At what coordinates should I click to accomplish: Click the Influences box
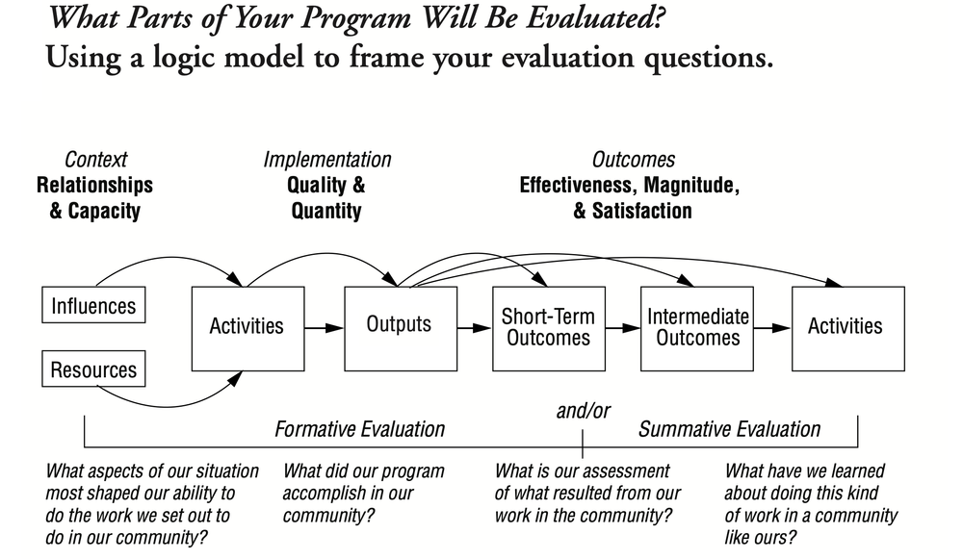[93, 307]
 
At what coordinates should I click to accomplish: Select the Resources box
[93, 369]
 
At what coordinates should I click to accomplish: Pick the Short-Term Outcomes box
[548, 327]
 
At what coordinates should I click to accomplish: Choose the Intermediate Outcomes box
[697, 327]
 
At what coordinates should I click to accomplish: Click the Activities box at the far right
[846, 327]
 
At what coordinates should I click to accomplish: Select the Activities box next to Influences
[247, 327]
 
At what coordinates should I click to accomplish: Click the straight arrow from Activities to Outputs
[324, 327]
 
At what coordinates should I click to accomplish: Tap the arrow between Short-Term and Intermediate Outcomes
[622, 327]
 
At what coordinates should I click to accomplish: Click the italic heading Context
[95, 160]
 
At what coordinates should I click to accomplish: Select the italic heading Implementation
[327, 160]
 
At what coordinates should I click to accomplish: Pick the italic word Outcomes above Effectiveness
[633, 160]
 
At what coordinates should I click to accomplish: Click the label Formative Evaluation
[360, 429]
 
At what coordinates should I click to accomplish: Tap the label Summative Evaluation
[730, 429]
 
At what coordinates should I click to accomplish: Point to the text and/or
[583, 411]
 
